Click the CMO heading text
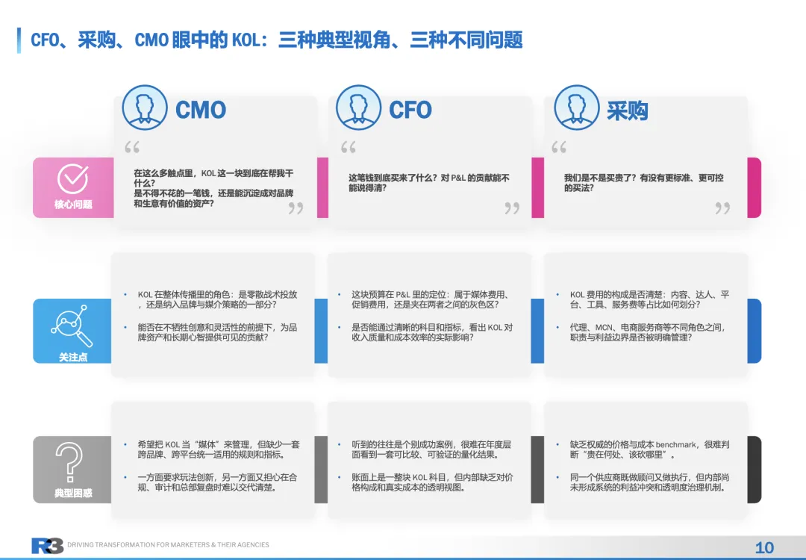pyautogui.click(x=200, y=111)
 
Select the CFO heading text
pyautogui.click(x=410, y=111)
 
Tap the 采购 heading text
pyautogui.click(x=627, y=111)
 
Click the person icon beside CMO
pyautogui.click(x=145, y=108)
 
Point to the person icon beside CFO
pyautogui.click(x=359, y=108)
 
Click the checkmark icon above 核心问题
pyautogui.click(x=73, y=179)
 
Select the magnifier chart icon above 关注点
pyautogui.click(x=73, y=326)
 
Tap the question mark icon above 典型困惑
pyautogui.click(x=73, y=464)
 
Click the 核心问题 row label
pyautogui.click(x=73, y=205)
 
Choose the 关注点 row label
pyautogui.click(x=73, y=357)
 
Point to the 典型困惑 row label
pyautogui.click(x=73, y=494)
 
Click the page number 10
pyautogui.click(x=764, y=547)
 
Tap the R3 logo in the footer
pyautogui.click(x=47, y=546)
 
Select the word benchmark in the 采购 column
pyautogui.click(x=675, y=444)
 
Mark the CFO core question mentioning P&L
pyautogui.click(x=429, y=183)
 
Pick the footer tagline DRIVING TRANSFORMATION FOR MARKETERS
pyautogui.click(x=168, y=545)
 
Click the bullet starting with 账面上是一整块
pyautogui.click(x=432, y=482)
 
